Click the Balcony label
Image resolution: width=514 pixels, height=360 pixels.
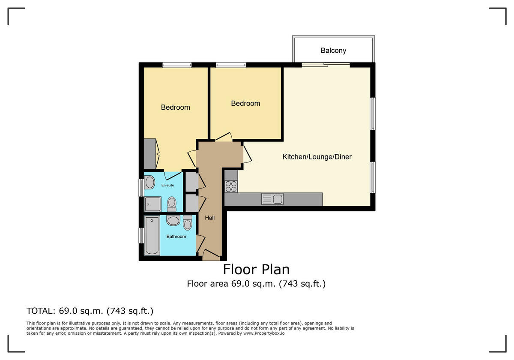pos(333,51)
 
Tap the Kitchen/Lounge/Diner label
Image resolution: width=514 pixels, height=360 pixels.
pos(317,157)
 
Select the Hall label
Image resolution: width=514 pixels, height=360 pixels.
pos(210,218)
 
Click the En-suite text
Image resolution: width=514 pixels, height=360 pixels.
pos(167,185)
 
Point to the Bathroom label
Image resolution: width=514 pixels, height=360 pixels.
pos(176,237)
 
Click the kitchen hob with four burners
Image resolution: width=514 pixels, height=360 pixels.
pos(231,186)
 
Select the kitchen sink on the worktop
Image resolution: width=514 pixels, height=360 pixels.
pos(272,199)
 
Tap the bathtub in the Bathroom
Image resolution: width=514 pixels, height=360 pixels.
pos(152,235)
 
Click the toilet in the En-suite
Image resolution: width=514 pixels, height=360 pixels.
pos(172,204)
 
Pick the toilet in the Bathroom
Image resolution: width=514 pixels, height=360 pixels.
pos(188,222)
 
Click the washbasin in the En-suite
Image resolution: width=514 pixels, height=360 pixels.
pos(149,182)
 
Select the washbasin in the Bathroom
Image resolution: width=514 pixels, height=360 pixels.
pos(173,220)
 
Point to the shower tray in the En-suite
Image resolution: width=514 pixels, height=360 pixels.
pos(152,204)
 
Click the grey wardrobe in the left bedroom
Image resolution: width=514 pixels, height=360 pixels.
pos(149,154)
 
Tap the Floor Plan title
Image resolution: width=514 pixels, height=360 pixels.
pos(256,270)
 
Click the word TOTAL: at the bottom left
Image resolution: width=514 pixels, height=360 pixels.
pos(41,311)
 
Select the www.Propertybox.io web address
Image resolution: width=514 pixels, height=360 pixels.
pos(264,333)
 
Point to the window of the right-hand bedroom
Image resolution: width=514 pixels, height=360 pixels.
pos(231,65)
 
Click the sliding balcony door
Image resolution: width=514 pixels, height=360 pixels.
pos(326,65)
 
